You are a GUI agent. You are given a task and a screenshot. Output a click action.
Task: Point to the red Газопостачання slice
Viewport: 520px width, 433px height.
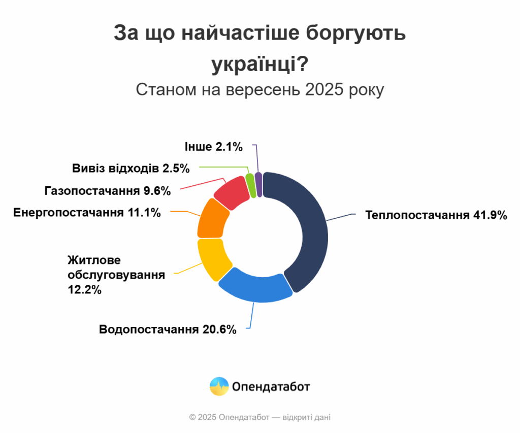[230, 193]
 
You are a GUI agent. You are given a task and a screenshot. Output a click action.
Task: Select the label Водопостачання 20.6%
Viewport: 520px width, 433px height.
[168, 329]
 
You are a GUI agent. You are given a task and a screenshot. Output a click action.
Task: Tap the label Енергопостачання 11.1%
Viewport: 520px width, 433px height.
[87, 212]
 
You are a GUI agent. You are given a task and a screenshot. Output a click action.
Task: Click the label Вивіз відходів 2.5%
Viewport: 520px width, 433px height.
[131, 168]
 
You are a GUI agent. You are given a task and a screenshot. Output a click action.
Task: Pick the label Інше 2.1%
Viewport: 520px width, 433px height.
[214, 147]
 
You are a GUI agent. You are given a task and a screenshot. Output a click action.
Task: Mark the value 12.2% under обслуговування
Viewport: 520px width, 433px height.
[84, 290]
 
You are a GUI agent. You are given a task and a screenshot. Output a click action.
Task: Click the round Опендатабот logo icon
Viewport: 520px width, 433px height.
[219, 387]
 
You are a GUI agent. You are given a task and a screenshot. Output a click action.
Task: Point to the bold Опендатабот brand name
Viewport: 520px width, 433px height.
[271, 387]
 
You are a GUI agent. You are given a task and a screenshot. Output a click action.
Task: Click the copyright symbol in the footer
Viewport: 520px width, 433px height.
[192, 417]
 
